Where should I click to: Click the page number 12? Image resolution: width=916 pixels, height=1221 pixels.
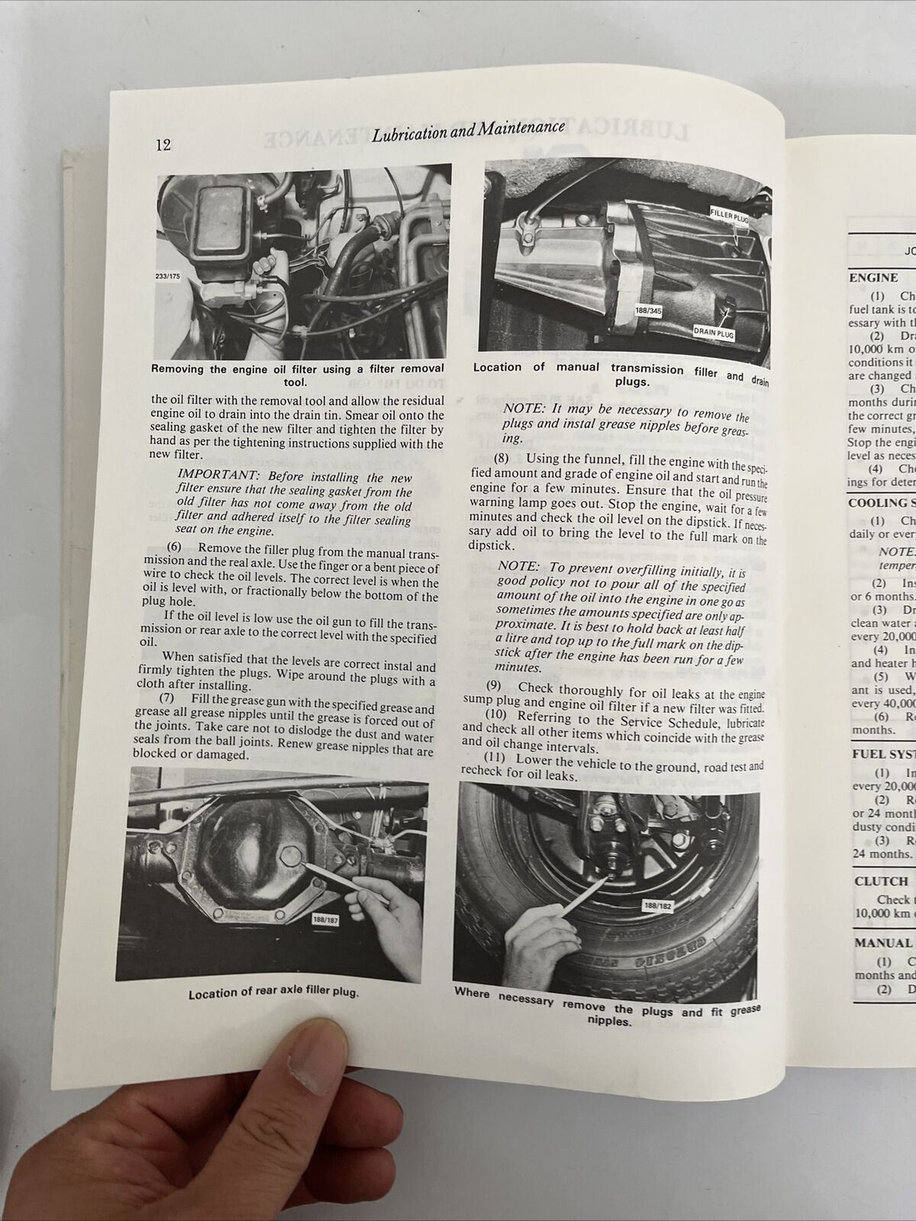pyautogui.click(x=162, y=145)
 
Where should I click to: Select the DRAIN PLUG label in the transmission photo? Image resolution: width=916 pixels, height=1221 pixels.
pyautogui.click(x=714, y=331)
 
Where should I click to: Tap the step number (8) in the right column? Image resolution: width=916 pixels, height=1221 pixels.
pyautogui.click(x=502, y=459)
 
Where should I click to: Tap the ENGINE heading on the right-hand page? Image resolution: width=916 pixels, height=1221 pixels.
pyautogui.click(x=873, y=279)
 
